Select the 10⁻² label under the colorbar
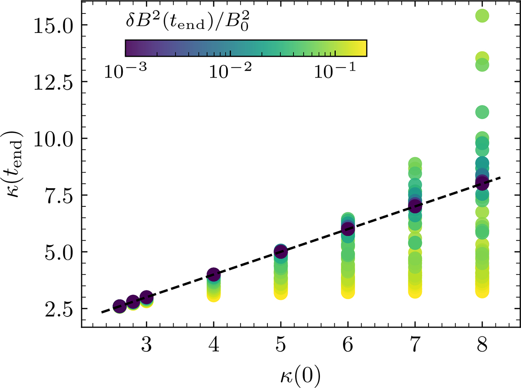230,70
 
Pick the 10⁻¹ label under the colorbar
335,70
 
